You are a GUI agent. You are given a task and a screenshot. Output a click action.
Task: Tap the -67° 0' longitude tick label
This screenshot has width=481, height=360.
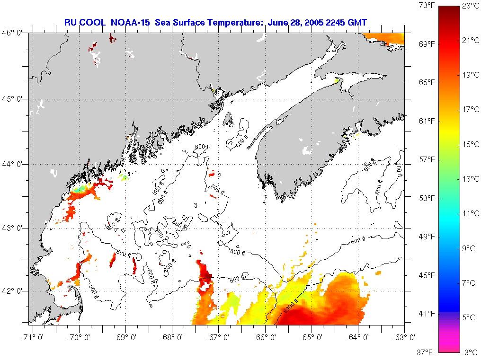(x=219, y=337)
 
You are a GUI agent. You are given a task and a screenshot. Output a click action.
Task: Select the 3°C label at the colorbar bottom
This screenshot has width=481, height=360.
(x=471, y=352)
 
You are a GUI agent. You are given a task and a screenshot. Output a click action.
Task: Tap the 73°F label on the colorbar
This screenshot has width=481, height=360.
(x=427, y=6)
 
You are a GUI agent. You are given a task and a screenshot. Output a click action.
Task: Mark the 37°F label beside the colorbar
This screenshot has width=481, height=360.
(x=427, y=352)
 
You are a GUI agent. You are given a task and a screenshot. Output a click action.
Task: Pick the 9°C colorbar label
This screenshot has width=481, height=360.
(x=471, y=248)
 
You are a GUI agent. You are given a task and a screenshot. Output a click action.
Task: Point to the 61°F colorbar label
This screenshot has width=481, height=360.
(x=427, y=121)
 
